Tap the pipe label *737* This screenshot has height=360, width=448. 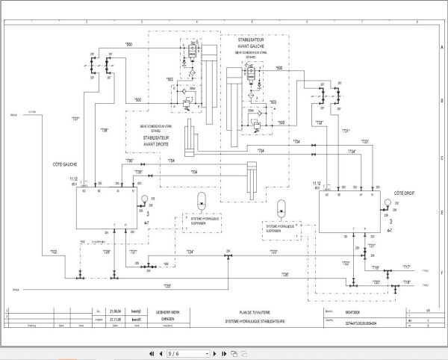[75, 120]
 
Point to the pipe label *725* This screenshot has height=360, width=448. [167, 286]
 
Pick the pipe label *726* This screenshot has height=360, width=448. [284, 274]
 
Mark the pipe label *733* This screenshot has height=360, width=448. [365, 141]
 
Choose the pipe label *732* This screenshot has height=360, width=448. [319, 122]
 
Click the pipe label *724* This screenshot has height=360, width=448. [190, 252]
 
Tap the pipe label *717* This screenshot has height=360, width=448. [406, 267]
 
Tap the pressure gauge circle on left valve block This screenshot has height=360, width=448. [143, 199]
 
